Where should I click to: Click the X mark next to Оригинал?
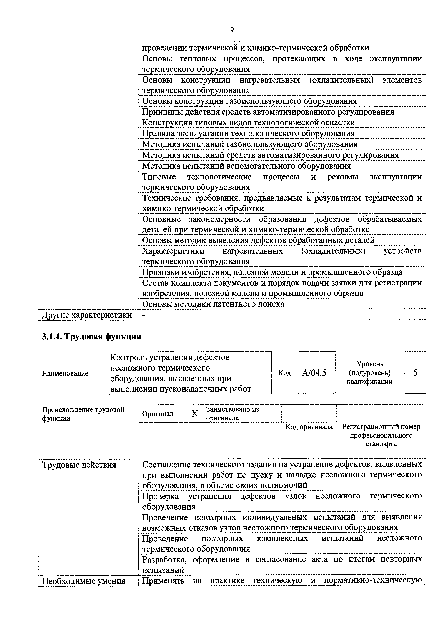[x=194, y=414]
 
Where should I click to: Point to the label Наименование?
[x=65, y=373]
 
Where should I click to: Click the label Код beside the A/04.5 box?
[x=284, y=373]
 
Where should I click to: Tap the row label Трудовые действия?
[x=79, y=465]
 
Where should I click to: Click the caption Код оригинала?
[x=309, y=427]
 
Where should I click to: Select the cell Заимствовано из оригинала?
[x=241, y=413]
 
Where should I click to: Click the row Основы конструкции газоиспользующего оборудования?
[x=249, y=101]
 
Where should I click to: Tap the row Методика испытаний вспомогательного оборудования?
[x=246, y=166]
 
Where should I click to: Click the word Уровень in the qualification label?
[x=370, y=364]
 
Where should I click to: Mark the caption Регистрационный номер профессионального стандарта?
[x=381, y=435]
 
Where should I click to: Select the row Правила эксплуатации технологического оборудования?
[x=248, y=133]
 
